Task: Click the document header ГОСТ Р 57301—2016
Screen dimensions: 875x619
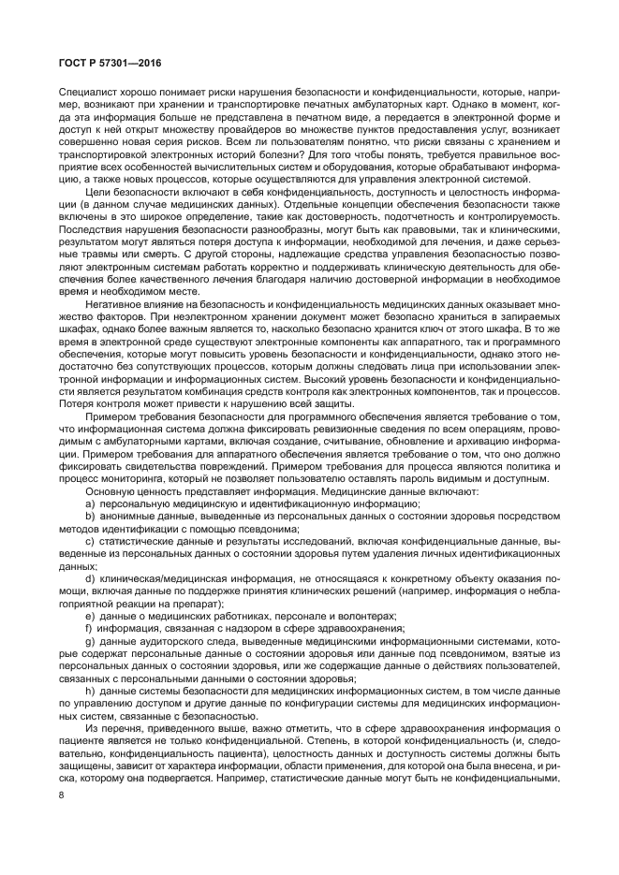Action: coord(95,62)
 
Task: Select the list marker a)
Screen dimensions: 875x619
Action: coord(89,504)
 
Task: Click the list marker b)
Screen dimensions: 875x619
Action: coord(89,517)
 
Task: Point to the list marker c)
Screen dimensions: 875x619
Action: coord(89,542)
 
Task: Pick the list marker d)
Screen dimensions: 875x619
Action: coord(89,579)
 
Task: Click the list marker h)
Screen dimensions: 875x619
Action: coord(89,691)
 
